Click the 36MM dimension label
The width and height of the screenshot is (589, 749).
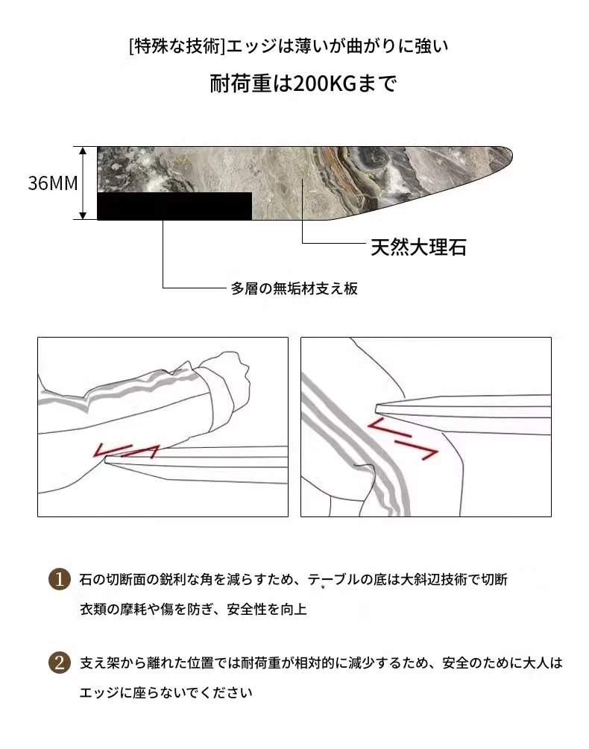click(53, 183)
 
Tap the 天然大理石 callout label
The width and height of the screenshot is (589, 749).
click(418, 247)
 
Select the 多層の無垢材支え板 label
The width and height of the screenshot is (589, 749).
click(294, 288)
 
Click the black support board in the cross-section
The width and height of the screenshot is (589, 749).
click(174, 206)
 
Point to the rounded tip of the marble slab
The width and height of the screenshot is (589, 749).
click(509, 154)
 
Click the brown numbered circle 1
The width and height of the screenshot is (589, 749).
click(60, 579)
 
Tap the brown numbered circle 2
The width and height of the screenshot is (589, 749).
click(60, 663)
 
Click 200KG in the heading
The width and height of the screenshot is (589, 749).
click(324, 83)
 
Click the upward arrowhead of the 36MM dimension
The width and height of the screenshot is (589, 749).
click(83, 151)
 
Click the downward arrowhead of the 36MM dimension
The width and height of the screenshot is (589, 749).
click(83, 216)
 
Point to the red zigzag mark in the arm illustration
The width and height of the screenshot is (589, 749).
click(127, 450)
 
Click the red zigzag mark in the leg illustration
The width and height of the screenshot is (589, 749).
click(402, 438)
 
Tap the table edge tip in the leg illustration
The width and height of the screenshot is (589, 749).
click(377, 408)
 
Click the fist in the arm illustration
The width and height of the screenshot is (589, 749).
click(225, 377)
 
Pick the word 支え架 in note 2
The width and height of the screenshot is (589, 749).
click(99, 663)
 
